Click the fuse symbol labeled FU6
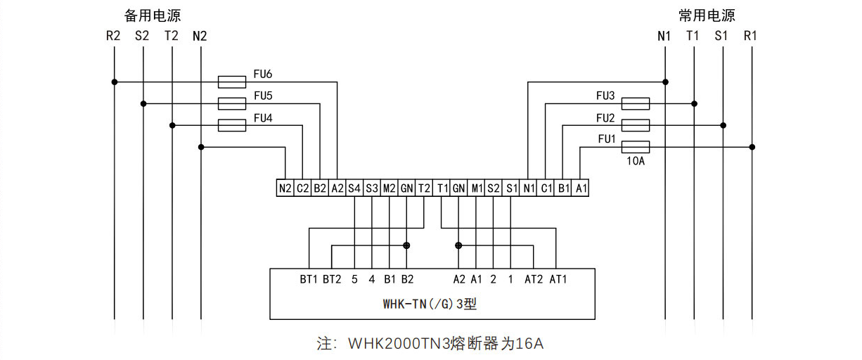click(231, 82)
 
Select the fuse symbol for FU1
click(636, 147)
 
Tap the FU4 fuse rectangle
click(231, 125)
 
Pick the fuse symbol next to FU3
click(636, 103)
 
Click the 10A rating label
click(636, 161)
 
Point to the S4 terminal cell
click(354, 188)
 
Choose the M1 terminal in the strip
click(477, 188)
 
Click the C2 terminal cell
click(302, 188)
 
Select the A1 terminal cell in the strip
click(581, 188)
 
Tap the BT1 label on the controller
click(309, 279)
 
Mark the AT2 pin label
click(534, 279)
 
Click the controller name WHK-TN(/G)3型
click(430, 304)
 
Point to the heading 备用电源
click(153, 15)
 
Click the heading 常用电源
click(707, 15)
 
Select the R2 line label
click(113, 36)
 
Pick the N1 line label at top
click(664, 36)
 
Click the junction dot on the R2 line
click(115, 82)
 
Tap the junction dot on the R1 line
click(752, 147)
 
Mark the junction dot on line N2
click(201, 147)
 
